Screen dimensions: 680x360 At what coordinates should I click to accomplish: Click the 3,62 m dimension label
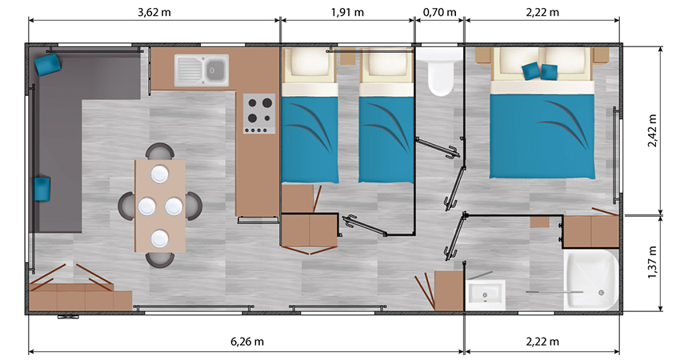154,12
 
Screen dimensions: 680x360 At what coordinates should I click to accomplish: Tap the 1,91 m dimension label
347,12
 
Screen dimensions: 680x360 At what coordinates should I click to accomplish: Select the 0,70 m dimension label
440,12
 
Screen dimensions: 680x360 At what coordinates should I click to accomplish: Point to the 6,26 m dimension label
247,342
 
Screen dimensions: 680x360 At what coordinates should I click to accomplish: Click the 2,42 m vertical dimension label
652,130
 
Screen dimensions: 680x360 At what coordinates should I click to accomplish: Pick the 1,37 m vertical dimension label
652,262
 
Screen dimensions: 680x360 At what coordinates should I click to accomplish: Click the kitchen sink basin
215,70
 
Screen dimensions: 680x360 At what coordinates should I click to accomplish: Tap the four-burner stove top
259,114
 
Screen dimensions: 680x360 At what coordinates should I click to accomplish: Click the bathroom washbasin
486,294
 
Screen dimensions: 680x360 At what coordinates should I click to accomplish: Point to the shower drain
601,293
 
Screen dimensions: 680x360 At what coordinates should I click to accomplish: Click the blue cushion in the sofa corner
48,64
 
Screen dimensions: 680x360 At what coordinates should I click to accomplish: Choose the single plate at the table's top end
159,174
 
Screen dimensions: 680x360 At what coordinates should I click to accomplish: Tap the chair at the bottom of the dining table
159,259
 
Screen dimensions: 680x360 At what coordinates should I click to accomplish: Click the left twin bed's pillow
310,64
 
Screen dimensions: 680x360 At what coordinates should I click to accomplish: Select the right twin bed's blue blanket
386,138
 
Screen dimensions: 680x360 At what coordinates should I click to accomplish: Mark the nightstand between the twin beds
348,56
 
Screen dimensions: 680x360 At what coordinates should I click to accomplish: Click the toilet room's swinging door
438,148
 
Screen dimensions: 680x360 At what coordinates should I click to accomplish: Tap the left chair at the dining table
126,206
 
